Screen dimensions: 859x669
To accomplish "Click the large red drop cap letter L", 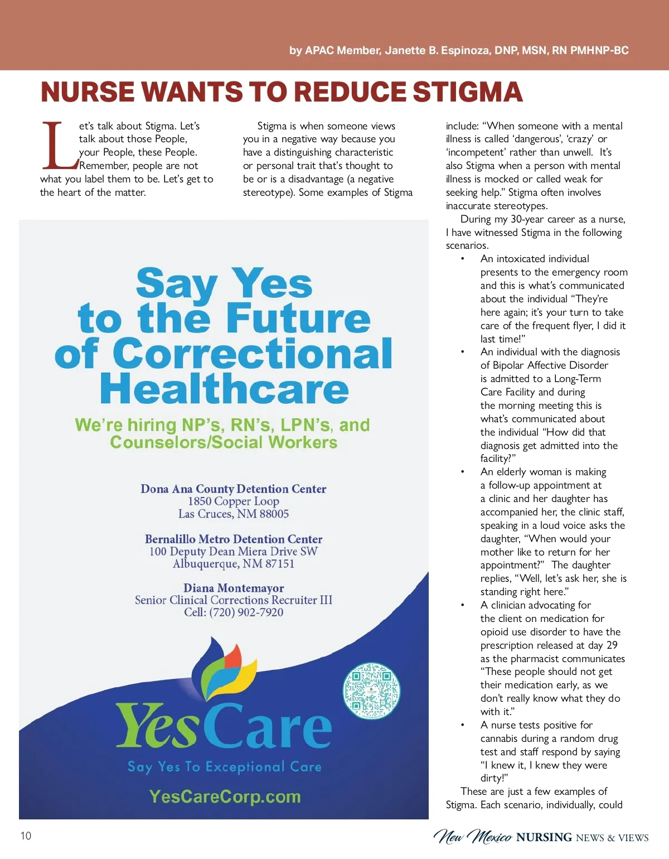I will coord(59,146).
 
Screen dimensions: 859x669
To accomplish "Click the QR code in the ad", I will coord(371,691).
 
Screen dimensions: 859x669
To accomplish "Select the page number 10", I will coord(26,836).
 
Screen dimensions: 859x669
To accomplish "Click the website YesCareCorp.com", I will coord(225,797).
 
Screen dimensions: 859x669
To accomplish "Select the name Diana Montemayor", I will coord(234,588).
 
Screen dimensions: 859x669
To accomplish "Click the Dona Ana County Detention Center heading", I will coord(234,489).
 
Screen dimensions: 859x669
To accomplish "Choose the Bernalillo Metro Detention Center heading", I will coord(234,539).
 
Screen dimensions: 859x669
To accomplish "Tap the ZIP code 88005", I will coord(274,514).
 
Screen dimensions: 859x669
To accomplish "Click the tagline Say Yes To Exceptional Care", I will coord(225,767).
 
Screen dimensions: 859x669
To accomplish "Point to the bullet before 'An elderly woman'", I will coord(462,472).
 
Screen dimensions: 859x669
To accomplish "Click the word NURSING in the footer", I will coord(544,837).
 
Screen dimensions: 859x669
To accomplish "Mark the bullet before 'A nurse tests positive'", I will coord(462,725).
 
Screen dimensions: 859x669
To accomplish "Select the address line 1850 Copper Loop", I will coord(234,501).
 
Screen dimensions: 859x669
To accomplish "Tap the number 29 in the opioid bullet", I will coord(612,645).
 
